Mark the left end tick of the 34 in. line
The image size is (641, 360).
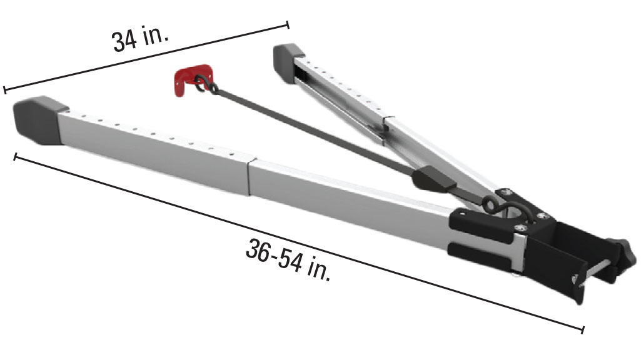pyautogui.click(x=4, y=89)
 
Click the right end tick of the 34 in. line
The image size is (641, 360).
pyautogui.click(x=288, y=24)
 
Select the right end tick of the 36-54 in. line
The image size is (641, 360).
pyautogui.click(x=583, y=329)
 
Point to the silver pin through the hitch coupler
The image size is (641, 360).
pyautogui.click(x=594, y=271)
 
